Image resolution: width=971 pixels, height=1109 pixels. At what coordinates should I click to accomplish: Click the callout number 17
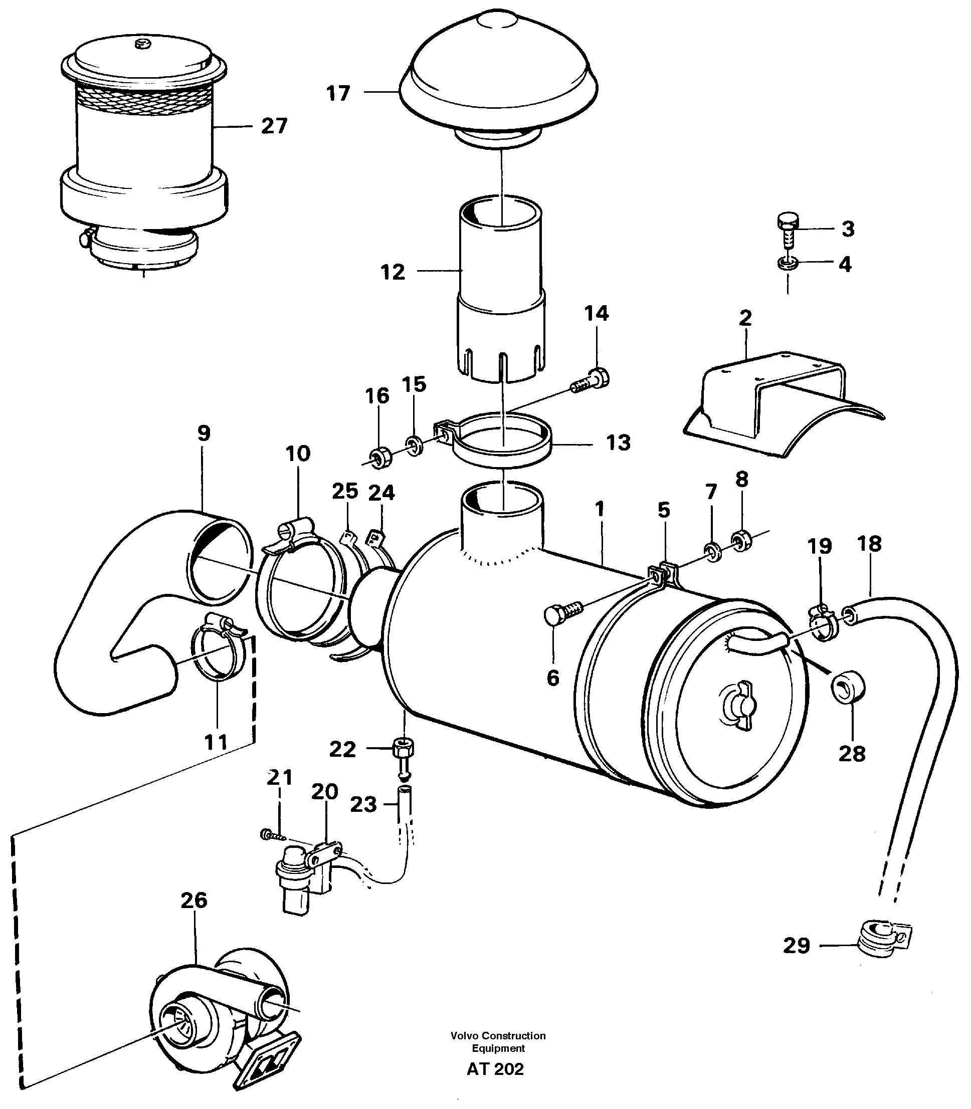(x=338, y=93)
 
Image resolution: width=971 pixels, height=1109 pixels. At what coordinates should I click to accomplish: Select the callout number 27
(x=274, y=126)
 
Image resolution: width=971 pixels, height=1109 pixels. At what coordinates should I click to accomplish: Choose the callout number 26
(x=193, y=900)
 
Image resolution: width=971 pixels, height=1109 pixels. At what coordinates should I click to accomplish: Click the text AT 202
(x=495, y=1068)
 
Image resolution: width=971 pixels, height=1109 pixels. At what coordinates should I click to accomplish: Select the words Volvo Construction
(x=497, y=1035)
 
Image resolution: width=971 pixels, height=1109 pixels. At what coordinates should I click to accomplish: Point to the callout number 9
(x=203, y=433)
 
